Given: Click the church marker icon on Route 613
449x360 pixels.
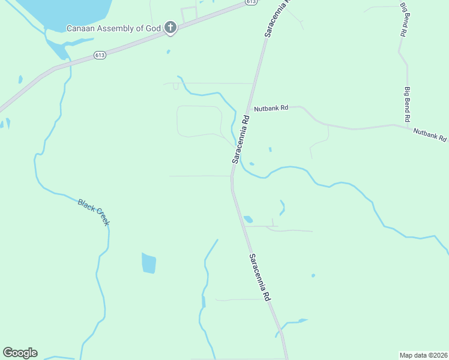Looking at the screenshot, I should pyautogui.click(x=170, y=28).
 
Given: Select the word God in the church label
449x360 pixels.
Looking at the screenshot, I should pyautogui.click(x=154, y=28).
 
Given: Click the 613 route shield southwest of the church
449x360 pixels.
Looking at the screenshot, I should pyautogui.click(x=100, y=55).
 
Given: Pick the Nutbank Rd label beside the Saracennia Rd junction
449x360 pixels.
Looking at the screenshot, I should pyautogui.click(x=271, y=109).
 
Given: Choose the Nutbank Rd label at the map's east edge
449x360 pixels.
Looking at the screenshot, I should pyautogui.click(x=430, y=134).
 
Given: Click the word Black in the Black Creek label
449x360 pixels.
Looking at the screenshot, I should pyautogui.click(x=86, y=208).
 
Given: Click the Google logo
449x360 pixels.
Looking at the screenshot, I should pyautogui.click(x=20, y=353).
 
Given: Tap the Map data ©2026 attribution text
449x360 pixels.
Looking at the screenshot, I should pyautogui.click(x=423, y=355).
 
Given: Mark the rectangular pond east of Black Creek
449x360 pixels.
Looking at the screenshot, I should pyautogui.click(x=149, y=263).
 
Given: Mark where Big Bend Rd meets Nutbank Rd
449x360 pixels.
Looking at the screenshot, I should pyautogui.click(x=408, y=125).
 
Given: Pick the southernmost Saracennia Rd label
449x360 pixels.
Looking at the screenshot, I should pyautogui.click(x=260, y=277).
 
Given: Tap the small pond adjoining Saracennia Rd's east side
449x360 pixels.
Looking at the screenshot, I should pyautogui.click(x=248, y=220).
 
